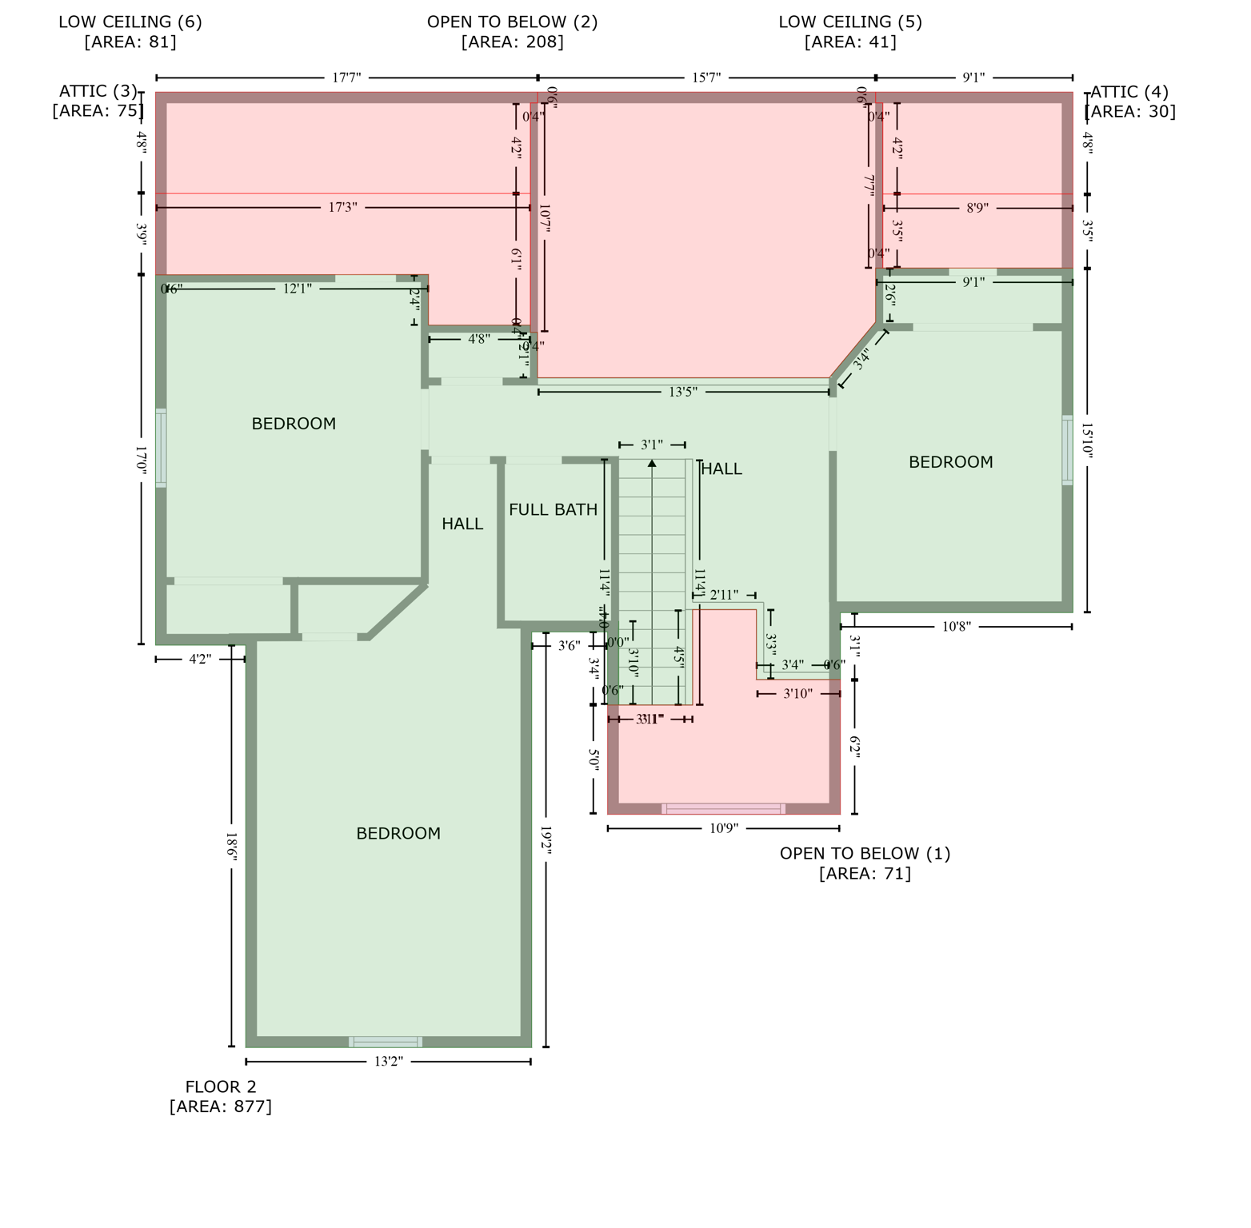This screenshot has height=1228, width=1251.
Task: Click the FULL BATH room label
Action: pos(553,509)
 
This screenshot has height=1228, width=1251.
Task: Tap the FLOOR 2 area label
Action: pos(221,1096)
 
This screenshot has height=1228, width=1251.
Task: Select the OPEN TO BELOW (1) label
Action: pos(865,863)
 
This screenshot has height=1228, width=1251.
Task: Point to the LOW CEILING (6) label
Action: pos(130,31)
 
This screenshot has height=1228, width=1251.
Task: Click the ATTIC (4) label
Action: pos(1129,102)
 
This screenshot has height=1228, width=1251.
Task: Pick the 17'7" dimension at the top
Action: pos(346,78)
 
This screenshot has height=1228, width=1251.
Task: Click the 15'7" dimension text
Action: pos(706,78)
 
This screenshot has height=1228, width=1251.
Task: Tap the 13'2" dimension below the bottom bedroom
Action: pos(389,1062)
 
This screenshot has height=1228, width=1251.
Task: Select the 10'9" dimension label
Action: pos(724,828)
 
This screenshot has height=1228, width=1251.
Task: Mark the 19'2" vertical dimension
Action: pos(546,841)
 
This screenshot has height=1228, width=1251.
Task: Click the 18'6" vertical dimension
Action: pos(231,847)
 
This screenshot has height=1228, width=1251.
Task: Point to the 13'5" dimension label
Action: pos(683,392)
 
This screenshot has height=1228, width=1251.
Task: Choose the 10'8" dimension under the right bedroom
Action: pos(956,627)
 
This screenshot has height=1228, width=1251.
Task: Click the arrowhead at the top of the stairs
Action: pos(652,463)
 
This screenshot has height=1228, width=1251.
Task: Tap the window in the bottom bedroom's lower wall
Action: pos(386,1042)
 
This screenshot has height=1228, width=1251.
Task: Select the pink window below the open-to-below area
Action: pos(724,809)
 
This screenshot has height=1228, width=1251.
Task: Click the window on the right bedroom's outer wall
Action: pos(1067,450)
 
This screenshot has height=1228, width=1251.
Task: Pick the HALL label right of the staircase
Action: pos(721,469)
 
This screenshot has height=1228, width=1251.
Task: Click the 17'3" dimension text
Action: pos(342,208)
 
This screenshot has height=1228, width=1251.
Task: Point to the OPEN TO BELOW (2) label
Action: pos(512,31)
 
